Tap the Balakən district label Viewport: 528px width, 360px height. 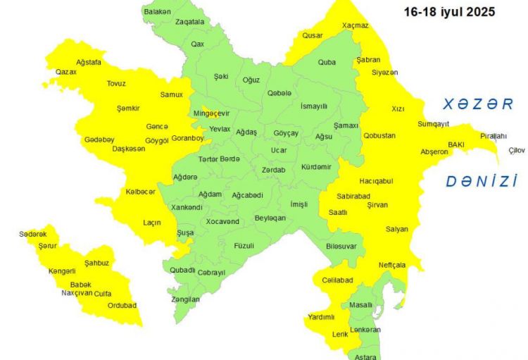(x=157, y=12)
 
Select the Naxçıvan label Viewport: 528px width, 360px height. (x=77, y=292)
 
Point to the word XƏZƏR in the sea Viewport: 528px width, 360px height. (x=478, y=104)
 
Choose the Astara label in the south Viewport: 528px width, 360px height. (x=366, y=356)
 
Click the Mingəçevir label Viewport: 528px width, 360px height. (x=210, y=113)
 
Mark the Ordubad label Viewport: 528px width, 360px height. (x=122, y=305)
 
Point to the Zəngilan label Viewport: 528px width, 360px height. (x=185, y=299)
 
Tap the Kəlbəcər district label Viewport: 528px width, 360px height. (x=141, y=192)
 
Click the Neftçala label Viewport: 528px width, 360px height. (x=391, y=265)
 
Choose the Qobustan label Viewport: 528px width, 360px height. (x=379, y=135)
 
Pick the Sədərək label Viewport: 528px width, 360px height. (x=33, y=234)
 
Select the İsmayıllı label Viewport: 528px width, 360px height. (x=314, y=106)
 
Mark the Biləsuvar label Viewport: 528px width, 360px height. (x=341, y=245)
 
